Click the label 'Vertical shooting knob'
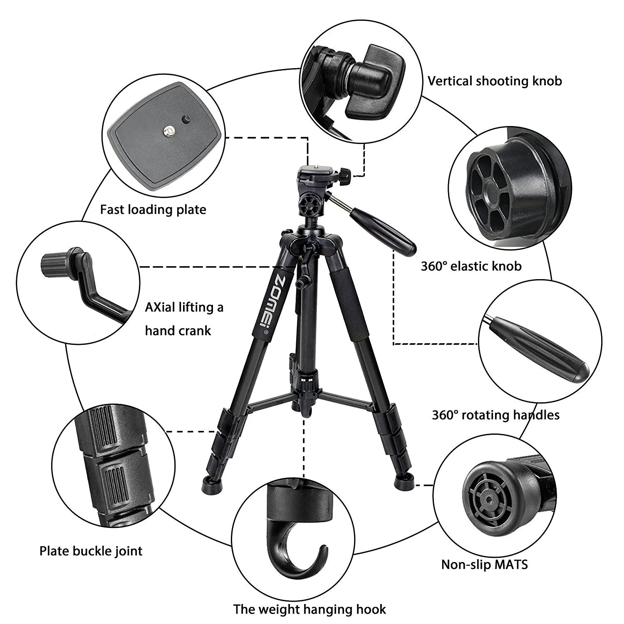[495, 81]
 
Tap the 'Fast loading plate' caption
[153, 209]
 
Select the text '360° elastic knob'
[471, 266]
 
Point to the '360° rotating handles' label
[495, 415]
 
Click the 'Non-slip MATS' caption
[484, 565]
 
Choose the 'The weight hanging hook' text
[310, 609]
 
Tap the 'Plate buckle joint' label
[91, 551]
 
